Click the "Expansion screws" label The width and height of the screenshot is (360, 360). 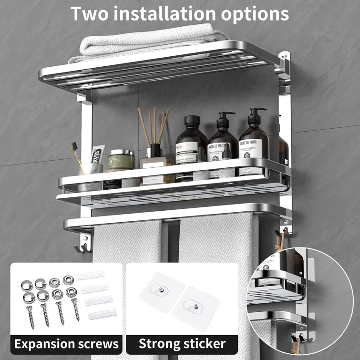click(x=66, y=343)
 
